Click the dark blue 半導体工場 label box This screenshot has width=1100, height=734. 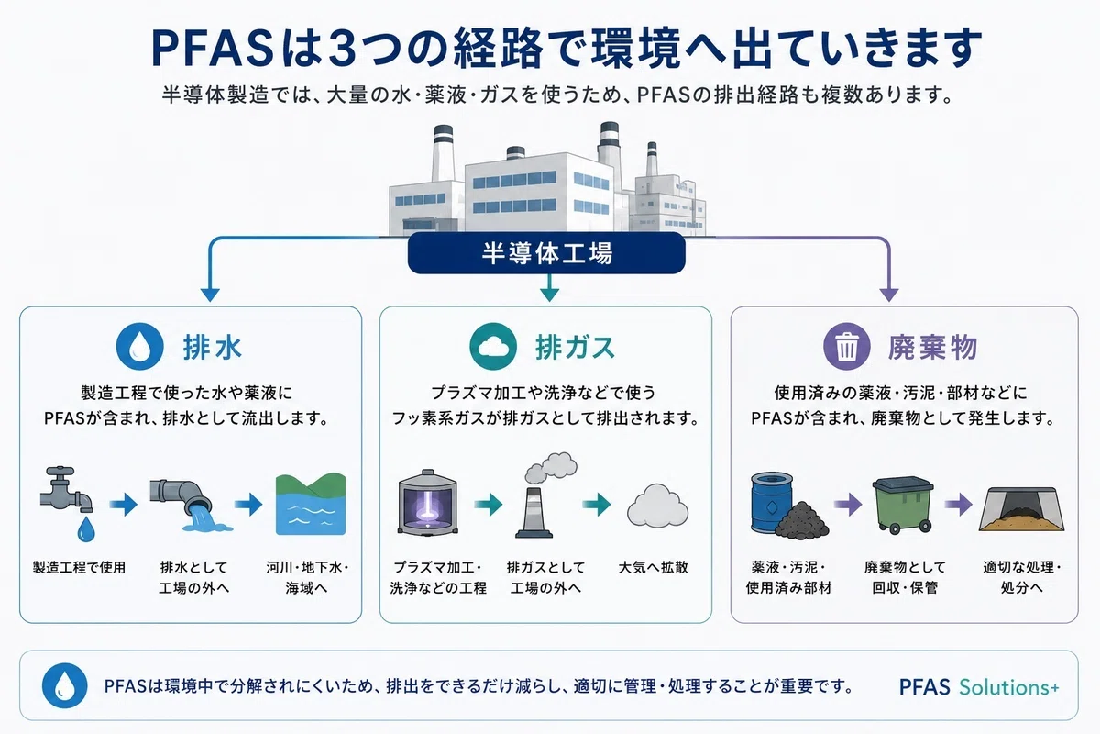click(x=546, y=252)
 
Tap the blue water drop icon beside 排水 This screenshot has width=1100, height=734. click(x=139, y=346)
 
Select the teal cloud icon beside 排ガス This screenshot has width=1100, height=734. click(x=493, y=346)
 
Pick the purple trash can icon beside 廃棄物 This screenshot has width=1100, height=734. click(x=847, y=346)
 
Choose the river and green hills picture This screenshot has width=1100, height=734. click(x=311, y=504)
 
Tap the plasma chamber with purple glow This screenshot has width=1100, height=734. click(x=428, y=503)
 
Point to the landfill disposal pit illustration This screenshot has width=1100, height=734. click(x=1021, y=509)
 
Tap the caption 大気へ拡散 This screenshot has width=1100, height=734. click(x=653, y=567)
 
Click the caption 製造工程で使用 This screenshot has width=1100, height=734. click(x=79, y=567)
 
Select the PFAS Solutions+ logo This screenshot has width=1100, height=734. click(x=979, y=687)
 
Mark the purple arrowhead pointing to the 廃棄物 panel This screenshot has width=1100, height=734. click(x=889, y=295)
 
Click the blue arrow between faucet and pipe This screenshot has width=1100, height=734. click(x=123, y=505)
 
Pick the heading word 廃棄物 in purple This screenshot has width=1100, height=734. click(x=932, y=347)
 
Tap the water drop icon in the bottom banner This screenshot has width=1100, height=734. click(x=65, y=685)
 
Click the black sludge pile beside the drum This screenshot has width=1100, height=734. click(x=802, y=519)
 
